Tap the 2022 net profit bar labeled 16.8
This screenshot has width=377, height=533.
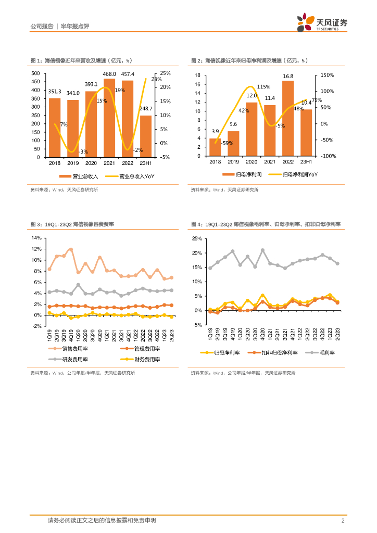287,118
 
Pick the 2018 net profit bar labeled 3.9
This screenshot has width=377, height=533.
215,147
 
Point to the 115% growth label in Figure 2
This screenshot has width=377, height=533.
263,87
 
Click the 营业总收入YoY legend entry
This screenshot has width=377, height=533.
130,176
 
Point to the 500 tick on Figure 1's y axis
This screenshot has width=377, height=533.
35,73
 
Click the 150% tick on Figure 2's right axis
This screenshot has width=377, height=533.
327,75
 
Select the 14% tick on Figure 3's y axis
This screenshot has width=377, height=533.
36,237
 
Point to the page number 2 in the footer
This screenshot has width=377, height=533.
343,521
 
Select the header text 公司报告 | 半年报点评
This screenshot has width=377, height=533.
57,26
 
